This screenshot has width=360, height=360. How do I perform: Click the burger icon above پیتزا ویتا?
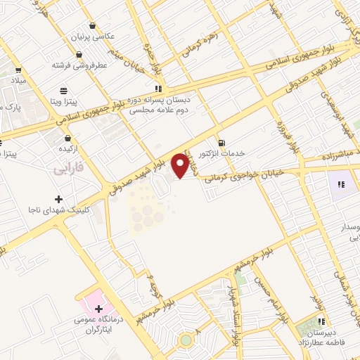point(64,91)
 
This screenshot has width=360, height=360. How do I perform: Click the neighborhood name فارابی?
point(68,169)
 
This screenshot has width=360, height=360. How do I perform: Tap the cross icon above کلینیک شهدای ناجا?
point(58,200)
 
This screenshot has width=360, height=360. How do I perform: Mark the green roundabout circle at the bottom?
point(186,340)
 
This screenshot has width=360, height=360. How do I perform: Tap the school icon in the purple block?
point(341,185)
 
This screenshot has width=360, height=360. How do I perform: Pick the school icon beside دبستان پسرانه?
point(159,89)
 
